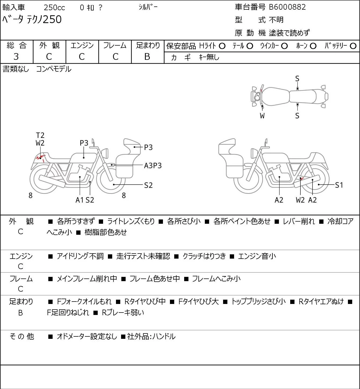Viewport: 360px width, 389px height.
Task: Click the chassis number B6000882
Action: (x=287, y=7)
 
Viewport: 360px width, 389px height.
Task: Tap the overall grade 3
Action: (x=16, y=57)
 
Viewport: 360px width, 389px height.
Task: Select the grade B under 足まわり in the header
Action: (x=147, y=57)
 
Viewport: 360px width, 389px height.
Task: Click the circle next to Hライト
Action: (x=222, y=46)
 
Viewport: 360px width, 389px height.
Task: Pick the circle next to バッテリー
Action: (x=353, y=46)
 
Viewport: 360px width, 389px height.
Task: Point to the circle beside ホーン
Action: (x=313, y=46)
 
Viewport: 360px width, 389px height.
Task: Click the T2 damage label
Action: (x=40, y=135)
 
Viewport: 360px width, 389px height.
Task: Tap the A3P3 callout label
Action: (x=153, y=166)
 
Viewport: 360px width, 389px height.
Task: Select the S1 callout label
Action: (x=339, y=185)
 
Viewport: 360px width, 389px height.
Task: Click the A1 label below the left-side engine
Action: (x=80, y=200)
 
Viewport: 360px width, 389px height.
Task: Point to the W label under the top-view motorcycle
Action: (x=262, y=116)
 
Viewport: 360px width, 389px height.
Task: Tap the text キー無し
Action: (x=209, y=57)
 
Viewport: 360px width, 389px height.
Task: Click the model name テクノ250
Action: (x=44, y=19)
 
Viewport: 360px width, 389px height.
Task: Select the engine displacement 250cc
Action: (x=54, y=8)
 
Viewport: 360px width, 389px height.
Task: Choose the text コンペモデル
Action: (x=54, y=69)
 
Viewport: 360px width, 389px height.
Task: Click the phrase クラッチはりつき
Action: (x=204, y=256)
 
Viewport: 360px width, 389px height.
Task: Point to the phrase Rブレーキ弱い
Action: (x=123, y=313)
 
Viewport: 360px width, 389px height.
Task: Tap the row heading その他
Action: (x=21, y=336)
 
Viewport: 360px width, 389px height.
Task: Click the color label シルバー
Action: (x=148, y=7)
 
